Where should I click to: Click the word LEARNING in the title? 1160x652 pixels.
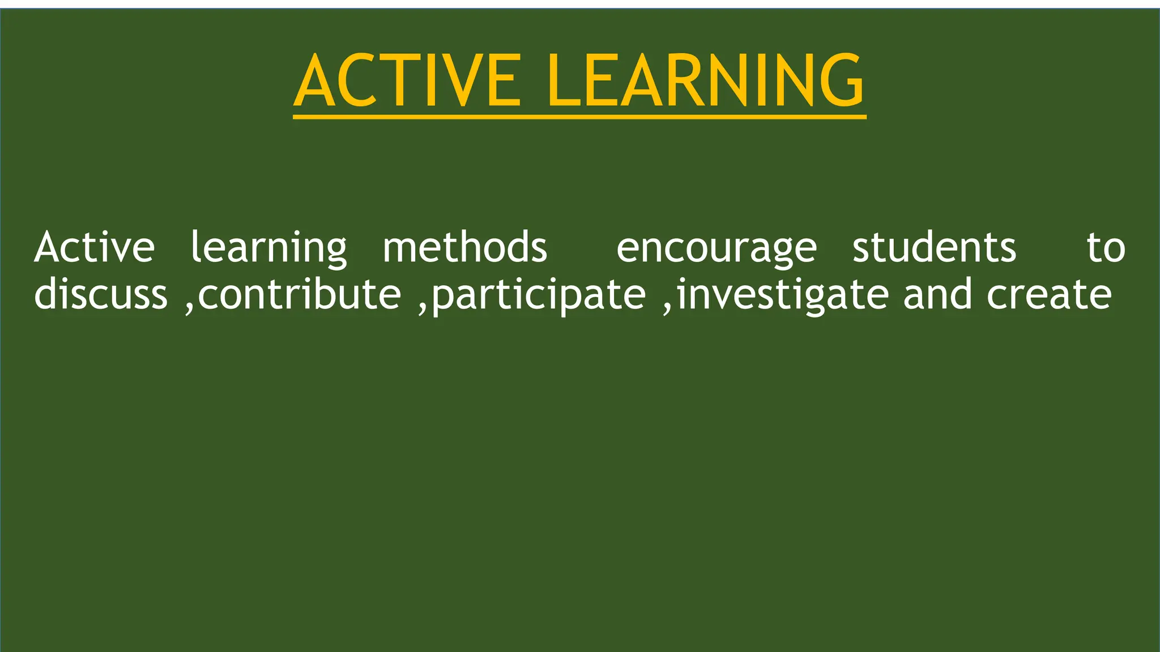click(706, 80)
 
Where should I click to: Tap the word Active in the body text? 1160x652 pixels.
click(95, 248)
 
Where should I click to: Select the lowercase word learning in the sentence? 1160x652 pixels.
click(268, 248)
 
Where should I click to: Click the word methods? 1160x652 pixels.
click(465, 248)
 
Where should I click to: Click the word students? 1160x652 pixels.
click(935, 248)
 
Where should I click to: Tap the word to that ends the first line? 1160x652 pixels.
click(1106, 248)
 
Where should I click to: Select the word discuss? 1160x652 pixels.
click(101, 294)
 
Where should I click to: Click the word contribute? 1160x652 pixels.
click(300, 294)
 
